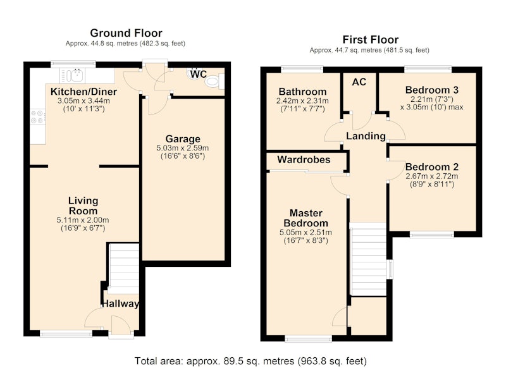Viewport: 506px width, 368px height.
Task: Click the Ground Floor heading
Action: tap(126, 33)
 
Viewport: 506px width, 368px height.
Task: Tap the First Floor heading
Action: tap(370, 40)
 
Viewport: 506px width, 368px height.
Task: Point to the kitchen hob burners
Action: tap(38, 117)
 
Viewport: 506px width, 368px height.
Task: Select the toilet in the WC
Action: tap(213, 81)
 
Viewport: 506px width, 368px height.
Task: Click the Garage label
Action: tap(183, 139)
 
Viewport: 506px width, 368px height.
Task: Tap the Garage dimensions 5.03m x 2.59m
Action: tap(183, 148)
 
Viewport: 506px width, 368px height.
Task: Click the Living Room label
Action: tap(83, 205)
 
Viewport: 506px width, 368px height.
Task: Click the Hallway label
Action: tap(120, 304)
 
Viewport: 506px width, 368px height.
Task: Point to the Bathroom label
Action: tap(303, 92)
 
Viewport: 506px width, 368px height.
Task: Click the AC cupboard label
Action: tap(359, 82)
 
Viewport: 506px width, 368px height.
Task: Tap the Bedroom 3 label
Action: tap(432, 90)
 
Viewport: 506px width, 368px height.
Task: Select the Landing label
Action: tap(366, 136)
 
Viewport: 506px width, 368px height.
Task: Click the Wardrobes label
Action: tap(304, 159)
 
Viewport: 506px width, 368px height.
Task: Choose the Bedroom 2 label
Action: tap(432, 167)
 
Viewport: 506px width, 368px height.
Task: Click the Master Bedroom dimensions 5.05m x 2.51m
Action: tap(305, 233)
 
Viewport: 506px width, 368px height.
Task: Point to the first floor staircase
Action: tap(368, 259)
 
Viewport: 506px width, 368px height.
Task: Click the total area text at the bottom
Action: tap(250, 361)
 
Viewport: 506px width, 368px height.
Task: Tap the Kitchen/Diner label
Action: tap(83, 92)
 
